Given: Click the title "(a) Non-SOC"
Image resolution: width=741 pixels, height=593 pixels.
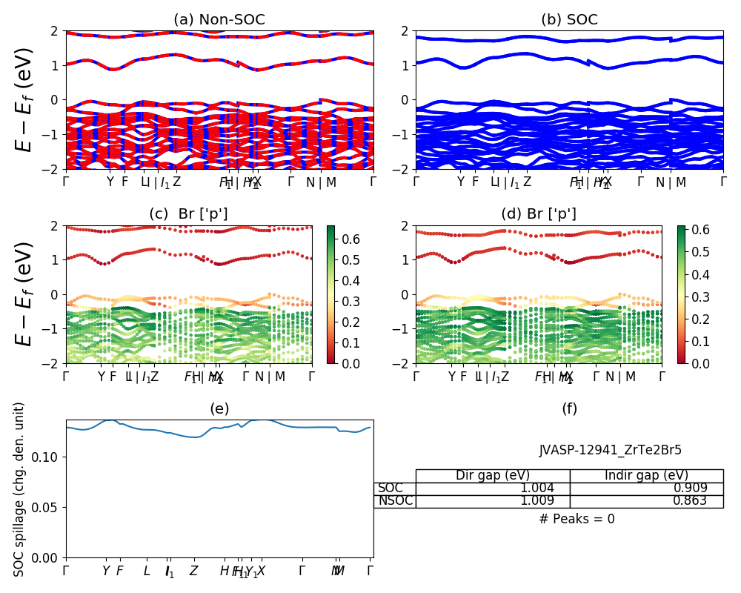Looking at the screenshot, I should point(219,20).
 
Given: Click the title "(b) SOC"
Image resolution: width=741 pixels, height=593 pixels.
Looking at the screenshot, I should point(569,20).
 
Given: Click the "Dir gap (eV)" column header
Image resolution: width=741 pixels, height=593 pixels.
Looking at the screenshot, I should point(493,476).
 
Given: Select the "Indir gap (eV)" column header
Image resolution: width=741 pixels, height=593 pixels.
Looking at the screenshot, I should point(646,476).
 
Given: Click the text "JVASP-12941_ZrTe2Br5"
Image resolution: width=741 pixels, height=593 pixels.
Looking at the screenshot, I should point(610,450).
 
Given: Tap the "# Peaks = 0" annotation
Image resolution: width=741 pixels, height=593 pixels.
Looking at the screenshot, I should point(576,519).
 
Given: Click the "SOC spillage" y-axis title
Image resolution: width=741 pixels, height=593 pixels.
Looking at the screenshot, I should point(20,489).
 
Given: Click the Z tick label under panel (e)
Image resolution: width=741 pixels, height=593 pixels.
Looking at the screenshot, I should point(193,571).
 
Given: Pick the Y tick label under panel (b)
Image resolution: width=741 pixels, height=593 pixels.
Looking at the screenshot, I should point(460,181).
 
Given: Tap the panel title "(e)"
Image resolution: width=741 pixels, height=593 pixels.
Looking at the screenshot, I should point(219,408).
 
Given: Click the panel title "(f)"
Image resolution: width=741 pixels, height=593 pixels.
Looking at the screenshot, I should point(569,408).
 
